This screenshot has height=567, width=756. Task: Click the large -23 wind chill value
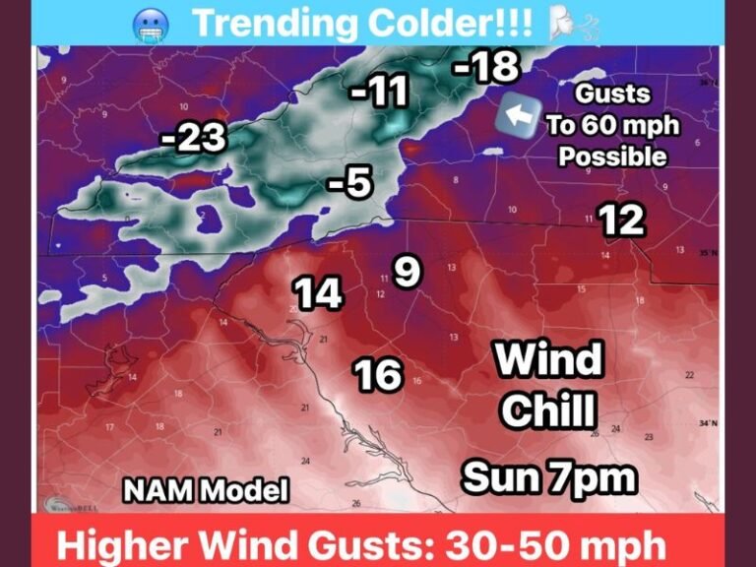click(x=194, y=139)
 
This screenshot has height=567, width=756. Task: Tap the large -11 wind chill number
click(x=379, y=93)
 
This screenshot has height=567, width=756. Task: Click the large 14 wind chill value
click(x=319, y=292)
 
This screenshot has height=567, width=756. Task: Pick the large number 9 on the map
click(x=407, y=271)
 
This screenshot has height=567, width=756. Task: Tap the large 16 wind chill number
click(x=378, y=374)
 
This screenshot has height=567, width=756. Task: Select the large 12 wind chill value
click(x=622, y=220)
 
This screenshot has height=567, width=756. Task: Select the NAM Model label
click(x=206, y=489)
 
